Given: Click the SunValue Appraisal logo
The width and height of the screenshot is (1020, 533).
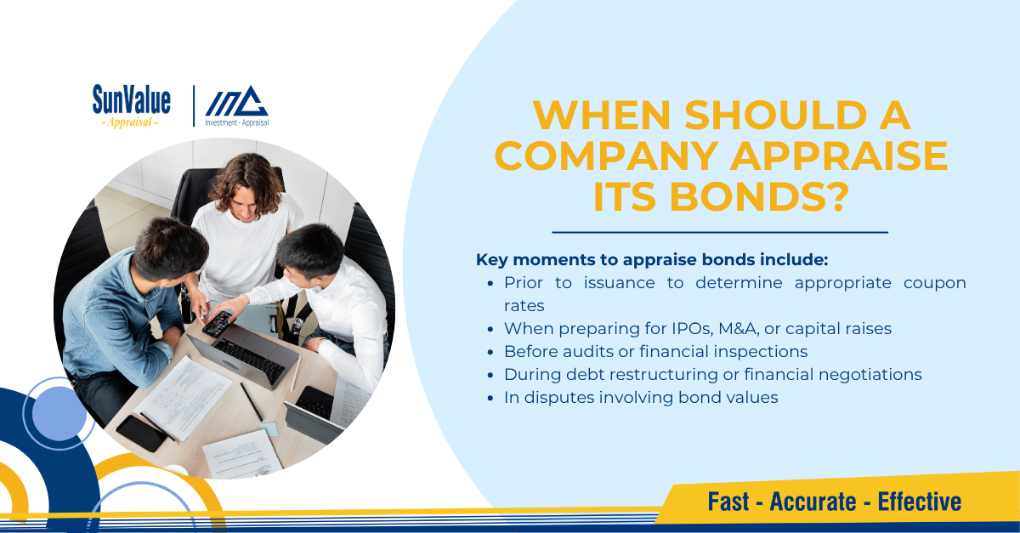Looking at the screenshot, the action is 132,106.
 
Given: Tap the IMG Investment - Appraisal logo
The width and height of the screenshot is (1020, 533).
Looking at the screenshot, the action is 237,106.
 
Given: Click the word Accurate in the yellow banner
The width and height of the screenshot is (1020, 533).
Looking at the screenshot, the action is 813,502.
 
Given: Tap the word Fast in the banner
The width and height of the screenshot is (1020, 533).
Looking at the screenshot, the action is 728,502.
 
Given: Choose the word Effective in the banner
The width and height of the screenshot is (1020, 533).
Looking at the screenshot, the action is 920,502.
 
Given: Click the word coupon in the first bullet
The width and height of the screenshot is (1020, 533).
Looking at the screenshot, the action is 934,283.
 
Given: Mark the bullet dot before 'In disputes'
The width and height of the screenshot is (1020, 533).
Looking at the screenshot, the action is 490,399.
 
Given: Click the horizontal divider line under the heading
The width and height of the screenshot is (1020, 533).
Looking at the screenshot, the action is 720,232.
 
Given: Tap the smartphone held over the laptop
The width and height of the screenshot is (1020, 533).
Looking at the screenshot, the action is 218,323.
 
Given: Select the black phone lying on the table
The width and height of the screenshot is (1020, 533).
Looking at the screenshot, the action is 141,434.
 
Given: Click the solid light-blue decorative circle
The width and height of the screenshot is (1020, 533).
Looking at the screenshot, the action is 59,414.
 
